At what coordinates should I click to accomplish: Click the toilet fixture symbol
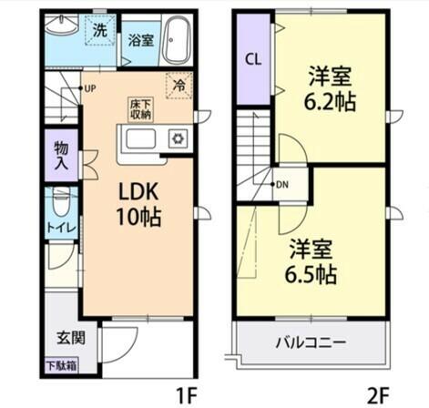tap(61, 198)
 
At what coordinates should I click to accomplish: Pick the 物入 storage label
tap(62, 156)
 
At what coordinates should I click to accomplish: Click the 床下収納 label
tap(139, 110)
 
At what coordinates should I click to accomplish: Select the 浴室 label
tap(140, 40)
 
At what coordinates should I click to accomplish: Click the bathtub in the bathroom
tap(176, 41)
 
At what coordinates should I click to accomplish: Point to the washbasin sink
tap(62, 25)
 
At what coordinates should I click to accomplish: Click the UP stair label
tap(90, 88)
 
